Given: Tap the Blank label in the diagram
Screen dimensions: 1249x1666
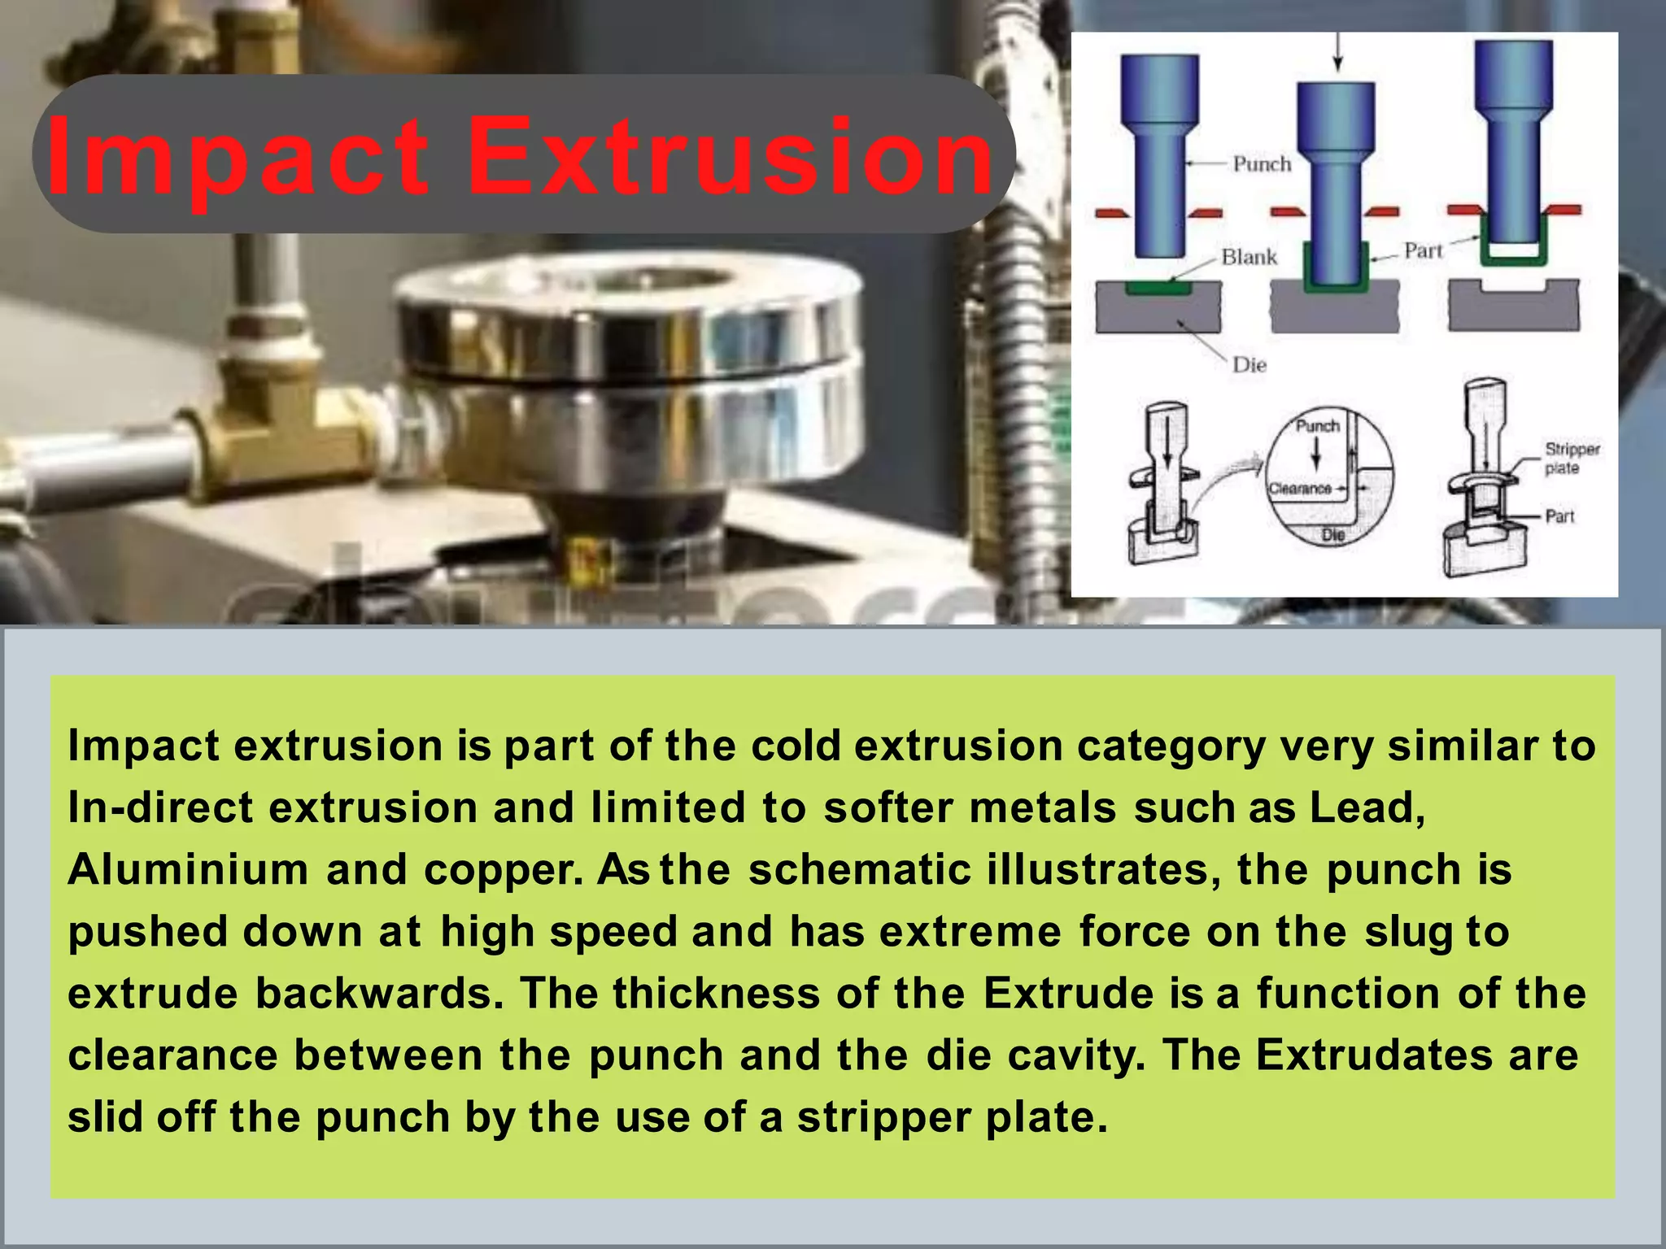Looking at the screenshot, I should coord(1249,258).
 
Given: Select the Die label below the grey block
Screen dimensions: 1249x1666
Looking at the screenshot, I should coord(1249,365).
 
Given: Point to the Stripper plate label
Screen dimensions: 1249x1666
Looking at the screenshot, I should coord(1572,459).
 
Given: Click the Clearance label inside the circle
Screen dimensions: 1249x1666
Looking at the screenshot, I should coord(1300,489).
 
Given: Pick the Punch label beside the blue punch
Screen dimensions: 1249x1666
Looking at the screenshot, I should coord(1262,164).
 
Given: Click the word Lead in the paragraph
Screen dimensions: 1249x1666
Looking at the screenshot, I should coord(1366,808).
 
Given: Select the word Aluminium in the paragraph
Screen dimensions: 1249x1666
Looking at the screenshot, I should coord(188,870).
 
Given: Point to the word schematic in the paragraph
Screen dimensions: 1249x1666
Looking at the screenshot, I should coord(860,870).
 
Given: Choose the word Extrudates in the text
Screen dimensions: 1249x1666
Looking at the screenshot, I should coord(1374,1055).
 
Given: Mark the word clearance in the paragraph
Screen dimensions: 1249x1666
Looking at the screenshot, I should coord(172,1055).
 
